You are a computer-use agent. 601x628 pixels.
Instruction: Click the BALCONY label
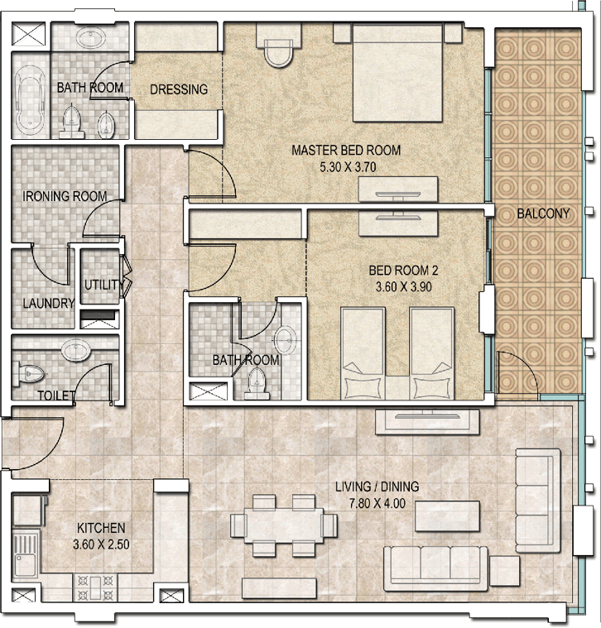[x=543, y=213]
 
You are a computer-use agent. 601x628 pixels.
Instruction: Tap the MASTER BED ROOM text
[x=346, y=151]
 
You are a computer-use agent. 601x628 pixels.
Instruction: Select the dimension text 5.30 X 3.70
[x=348, y=166]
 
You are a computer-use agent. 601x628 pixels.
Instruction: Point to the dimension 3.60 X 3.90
[x=403, y=287]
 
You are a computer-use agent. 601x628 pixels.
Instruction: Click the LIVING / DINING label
[x=377, y=487]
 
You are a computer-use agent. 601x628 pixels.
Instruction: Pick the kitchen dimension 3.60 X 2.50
[x=101, y=544]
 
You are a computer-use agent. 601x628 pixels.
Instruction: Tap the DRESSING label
[x=179, y=89]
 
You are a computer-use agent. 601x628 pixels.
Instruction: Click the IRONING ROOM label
[x=65, y=196]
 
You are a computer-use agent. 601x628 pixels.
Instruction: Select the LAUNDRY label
[x=49, y=303]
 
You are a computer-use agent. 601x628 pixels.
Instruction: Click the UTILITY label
[x=102, y=285]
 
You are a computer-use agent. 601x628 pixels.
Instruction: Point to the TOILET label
[x=56, y=395]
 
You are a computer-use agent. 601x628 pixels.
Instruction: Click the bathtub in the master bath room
[x=30, y=100]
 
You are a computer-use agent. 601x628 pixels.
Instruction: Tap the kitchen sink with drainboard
[x=25, y=554]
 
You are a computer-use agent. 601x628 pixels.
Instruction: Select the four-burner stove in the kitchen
[x=95, y=587]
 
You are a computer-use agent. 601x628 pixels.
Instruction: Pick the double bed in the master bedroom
[x=397, y=72]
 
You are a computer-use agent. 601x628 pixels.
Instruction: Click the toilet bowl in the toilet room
[x=29, y=375]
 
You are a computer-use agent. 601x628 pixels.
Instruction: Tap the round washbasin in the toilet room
[x=75, y=351]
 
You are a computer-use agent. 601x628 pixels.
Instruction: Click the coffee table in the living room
[x=447, y=515]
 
